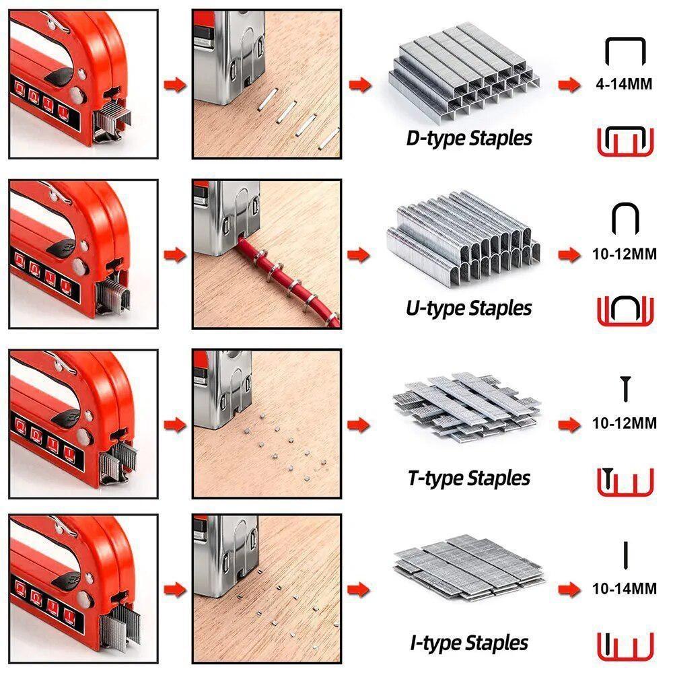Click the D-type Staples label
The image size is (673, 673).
(x=469, y=139)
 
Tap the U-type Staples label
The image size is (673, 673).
(x=469, y=308)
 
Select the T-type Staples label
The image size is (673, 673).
(x=469, y=479)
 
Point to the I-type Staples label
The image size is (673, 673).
(x=469, y=642)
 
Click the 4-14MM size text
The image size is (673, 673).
(x=625, y=86)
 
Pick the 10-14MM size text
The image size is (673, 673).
(x=625, y=589)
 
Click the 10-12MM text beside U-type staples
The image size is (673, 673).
(x=625, y=256)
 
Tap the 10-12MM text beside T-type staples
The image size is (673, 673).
(x=625, y=424)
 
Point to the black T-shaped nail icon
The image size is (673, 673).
(x=625, y=389)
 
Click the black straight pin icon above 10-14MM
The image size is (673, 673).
(x=625, y=553)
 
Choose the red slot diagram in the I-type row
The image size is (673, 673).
(x=625, y=646)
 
